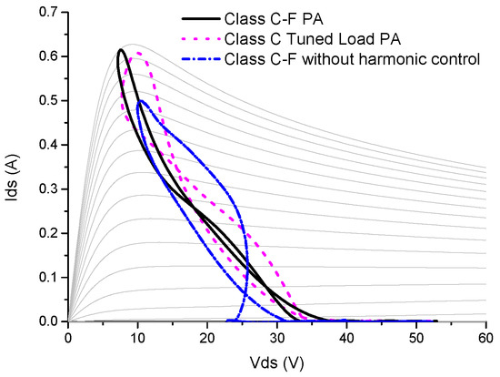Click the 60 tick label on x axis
485,337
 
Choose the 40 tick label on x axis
346,337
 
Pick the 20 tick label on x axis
207,337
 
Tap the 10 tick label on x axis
137,337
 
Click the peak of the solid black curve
120,50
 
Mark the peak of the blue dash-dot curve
140,101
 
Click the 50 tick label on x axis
415,337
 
